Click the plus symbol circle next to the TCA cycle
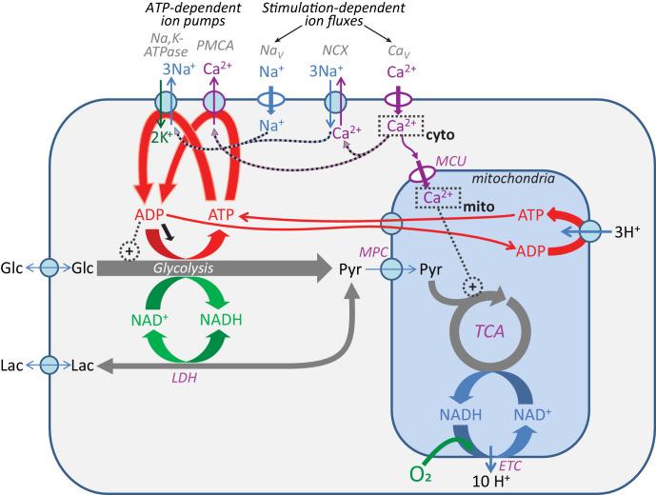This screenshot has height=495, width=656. pyautogui.click(x=468, y=287)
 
